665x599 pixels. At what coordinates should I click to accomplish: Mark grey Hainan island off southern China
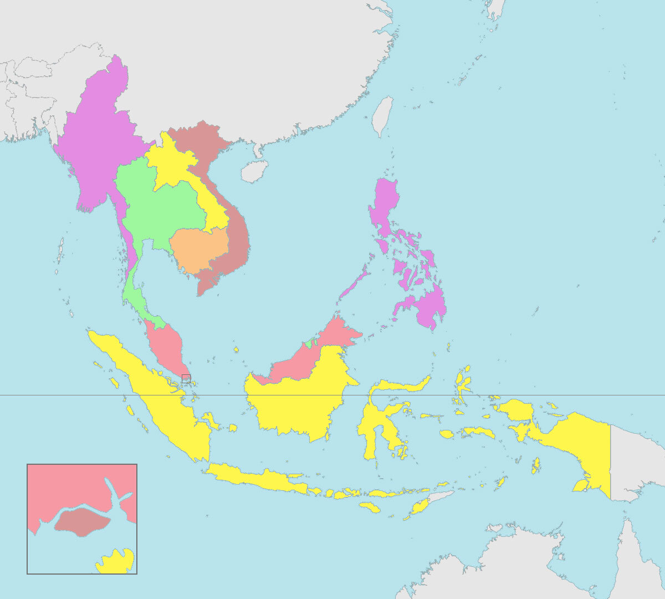pyautogui.click(x=254, y=171)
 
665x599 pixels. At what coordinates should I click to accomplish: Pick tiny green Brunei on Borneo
pyautogui.click(x=309, y=344)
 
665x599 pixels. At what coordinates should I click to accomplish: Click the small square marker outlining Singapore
pyautogui.click(x=186, y=378)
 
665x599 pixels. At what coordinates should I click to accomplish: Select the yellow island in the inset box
pyautogui.click(x=117, y=561)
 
